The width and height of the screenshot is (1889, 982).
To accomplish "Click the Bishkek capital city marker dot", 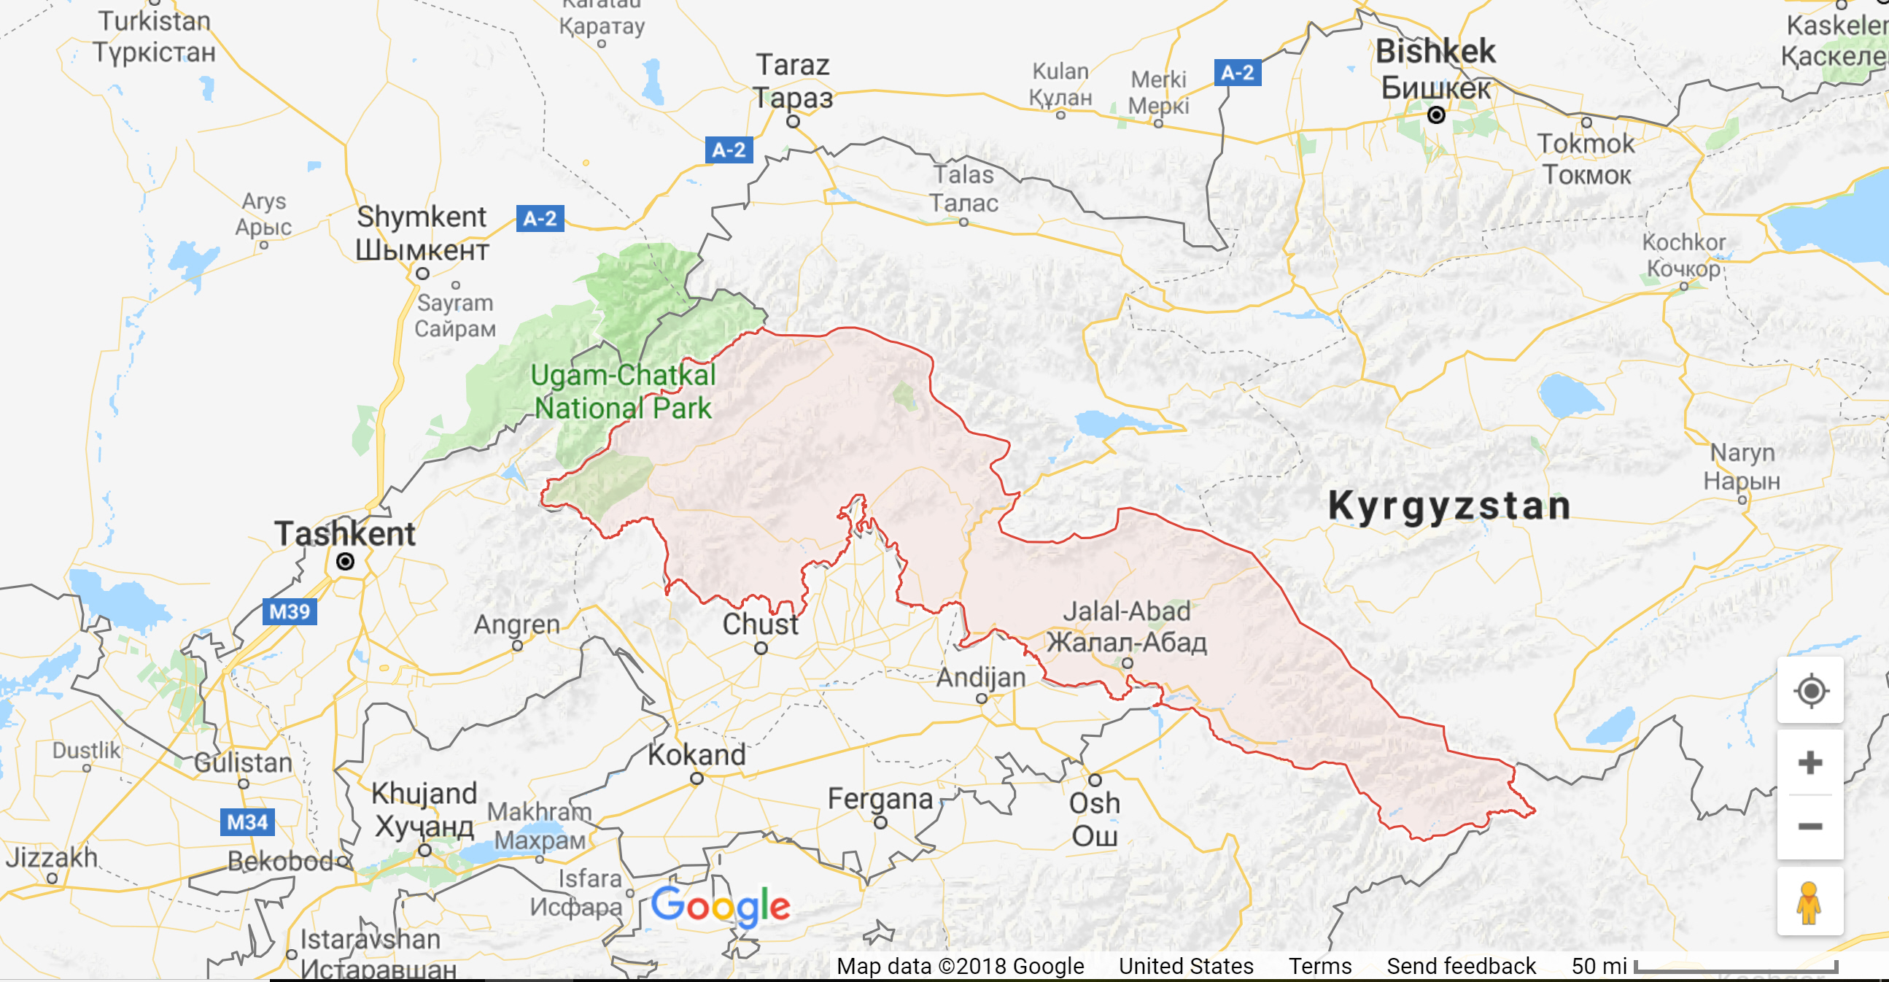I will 1436,115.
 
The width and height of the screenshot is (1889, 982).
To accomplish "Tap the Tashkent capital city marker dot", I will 345,562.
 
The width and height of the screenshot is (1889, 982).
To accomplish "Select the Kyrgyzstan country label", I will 1449,506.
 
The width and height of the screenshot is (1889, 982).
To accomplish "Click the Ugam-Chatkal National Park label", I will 623,392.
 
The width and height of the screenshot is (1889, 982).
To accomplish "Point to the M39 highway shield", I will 290,611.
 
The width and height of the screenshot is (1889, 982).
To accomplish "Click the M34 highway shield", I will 247,821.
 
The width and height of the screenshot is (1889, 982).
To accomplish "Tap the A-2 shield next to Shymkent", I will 540,218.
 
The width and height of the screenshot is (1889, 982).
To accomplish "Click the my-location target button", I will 1810,691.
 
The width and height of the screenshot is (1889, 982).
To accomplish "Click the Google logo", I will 720,905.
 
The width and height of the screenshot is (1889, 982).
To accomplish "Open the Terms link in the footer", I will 1320,966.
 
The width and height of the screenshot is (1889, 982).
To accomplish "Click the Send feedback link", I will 1461,966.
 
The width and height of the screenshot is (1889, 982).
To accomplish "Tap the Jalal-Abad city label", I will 1126,626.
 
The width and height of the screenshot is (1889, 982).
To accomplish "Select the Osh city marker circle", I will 1095,780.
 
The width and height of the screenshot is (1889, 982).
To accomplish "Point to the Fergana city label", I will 880,798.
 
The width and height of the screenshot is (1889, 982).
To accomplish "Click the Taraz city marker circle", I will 793,122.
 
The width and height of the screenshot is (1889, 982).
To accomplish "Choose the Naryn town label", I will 1742,466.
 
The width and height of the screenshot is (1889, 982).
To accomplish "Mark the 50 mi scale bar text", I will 1599,966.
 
